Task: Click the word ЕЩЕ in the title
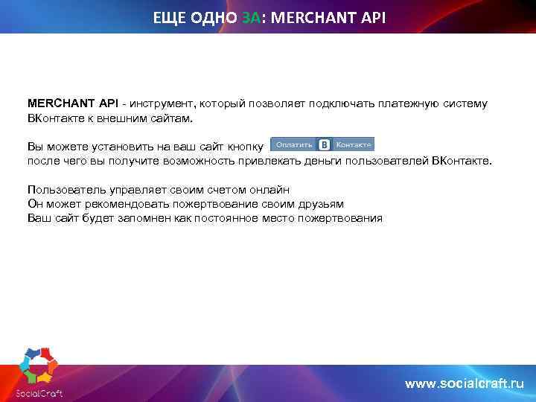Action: (170, 16)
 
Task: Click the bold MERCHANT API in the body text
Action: (73, 103)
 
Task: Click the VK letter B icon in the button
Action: (325, 144)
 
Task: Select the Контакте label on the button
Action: (354, 144)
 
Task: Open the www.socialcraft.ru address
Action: (464, 383)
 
